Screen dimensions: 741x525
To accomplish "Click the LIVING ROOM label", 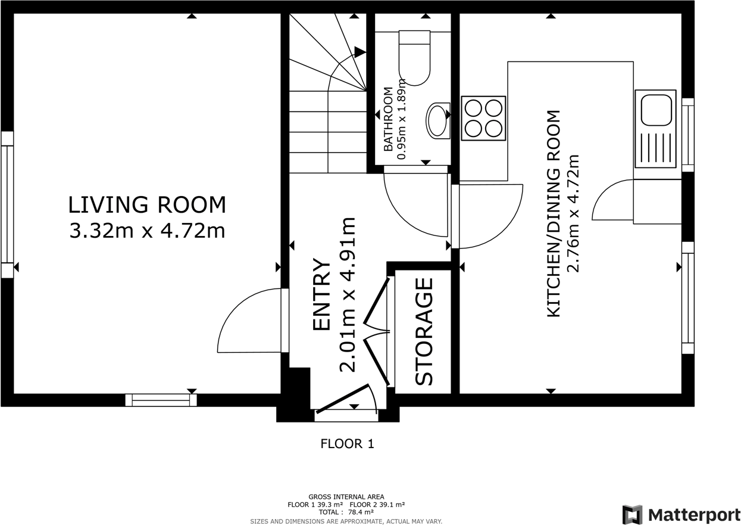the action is tap(147, 205).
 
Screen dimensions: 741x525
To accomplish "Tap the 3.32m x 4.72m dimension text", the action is tap(147, 231).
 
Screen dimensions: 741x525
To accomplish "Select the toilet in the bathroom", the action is tap(414, 58).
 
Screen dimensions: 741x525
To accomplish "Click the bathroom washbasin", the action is tap(438, 120).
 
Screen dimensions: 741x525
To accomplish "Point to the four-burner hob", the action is tap(483, 118).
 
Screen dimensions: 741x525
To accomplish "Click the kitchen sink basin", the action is tap(656, 110).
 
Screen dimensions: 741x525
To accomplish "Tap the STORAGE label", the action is tap(424, 331).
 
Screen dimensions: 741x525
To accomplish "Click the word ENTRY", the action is tap(321, 294).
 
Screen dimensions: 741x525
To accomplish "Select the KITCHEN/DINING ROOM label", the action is tap(554, 214).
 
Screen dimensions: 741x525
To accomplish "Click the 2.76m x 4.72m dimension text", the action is tap(573, 214).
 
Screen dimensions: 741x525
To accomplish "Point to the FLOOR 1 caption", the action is tap(347, 443).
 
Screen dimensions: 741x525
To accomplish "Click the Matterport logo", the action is tap(681, 515).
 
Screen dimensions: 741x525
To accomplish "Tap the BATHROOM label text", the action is tap(388, 119).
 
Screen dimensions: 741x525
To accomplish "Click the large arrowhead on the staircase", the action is tap(360, 52).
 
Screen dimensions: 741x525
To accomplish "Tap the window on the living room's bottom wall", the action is tap(161, 400).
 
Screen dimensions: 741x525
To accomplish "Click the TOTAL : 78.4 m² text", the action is tap(346, 512).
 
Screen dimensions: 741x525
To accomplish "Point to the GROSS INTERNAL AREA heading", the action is tap(346, 497).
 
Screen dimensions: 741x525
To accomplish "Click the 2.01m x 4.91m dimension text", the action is tap(348, 294).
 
